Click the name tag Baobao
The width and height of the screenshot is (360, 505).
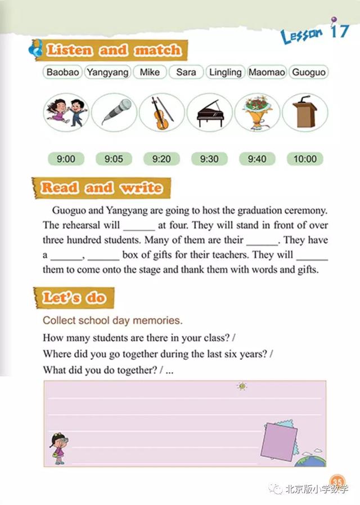pos(63,72)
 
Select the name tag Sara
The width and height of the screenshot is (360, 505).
pos(186,72)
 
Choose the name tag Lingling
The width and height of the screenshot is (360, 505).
pos(225,72)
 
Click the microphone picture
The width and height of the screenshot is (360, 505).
pos(114,111)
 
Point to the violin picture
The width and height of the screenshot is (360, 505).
pos(161,111)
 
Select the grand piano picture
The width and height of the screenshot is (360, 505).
pos(209,112)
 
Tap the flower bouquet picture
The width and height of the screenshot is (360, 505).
pos(257,111)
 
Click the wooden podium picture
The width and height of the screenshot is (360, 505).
pos(304,111)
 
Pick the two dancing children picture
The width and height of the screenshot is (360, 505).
pos(66,111)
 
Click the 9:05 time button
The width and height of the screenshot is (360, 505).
pos(114,159)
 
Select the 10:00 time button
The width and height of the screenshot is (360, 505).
pos(305,159)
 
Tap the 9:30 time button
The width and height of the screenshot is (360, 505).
pos(209,159)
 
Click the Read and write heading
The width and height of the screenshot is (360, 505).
pos(101,187)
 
